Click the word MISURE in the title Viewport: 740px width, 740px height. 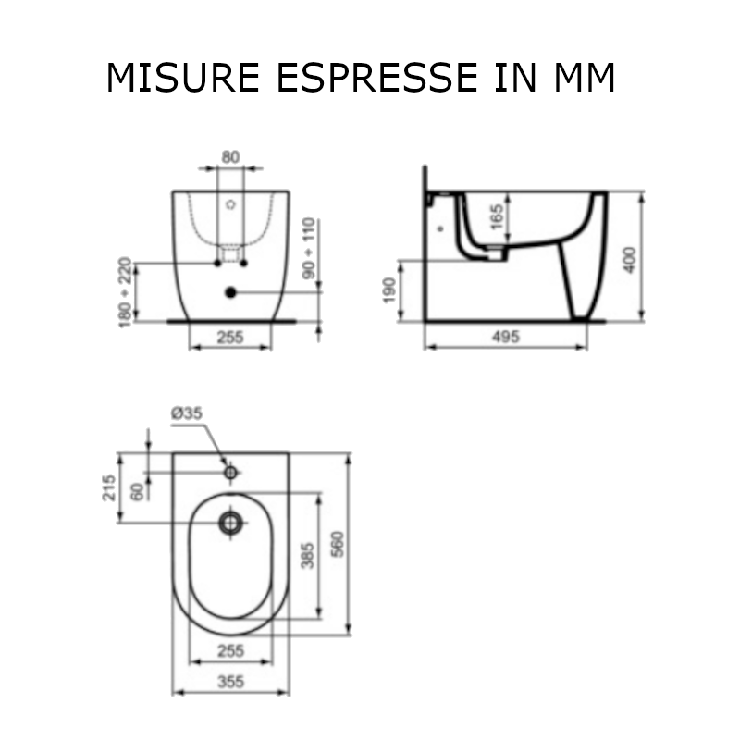(183, 78)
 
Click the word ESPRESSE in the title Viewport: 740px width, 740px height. (377, 78)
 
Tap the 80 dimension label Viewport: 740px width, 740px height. (230, 156)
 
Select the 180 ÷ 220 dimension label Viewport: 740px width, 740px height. (125, 292)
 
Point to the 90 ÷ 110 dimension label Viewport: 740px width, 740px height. (309, 248)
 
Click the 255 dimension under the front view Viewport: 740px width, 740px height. (230, 338)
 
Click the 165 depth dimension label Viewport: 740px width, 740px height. (497, 217)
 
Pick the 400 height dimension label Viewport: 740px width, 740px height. (630, 260)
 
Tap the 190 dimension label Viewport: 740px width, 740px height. (389, 290)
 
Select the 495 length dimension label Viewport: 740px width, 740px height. (506, 337)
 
